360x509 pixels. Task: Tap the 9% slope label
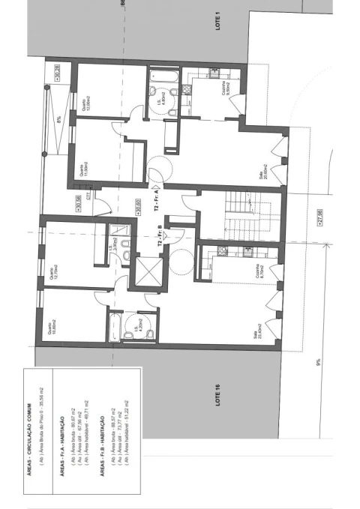[318, 363]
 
